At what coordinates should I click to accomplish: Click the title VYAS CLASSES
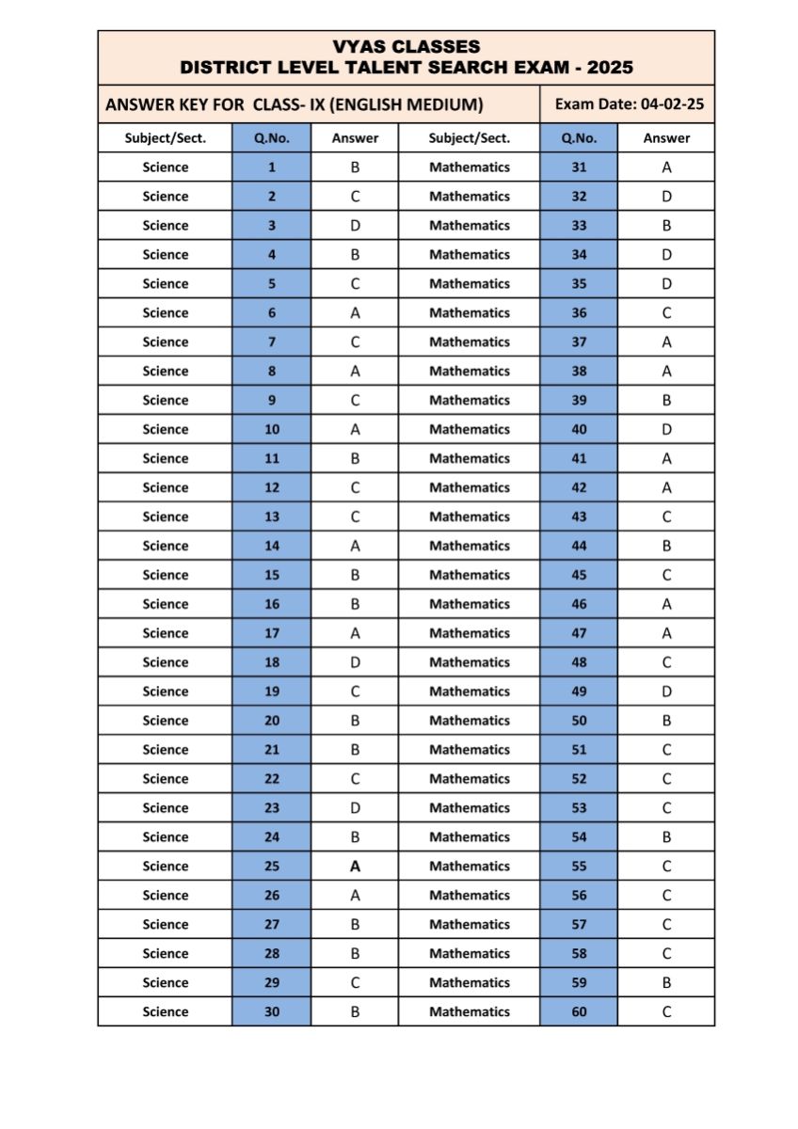(406, 46)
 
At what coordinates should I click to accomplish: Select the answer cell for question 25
(355, 867)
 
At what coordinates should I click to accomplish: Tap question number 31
(579, 167)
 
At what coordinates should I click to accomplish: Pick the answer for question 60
(666, 1012)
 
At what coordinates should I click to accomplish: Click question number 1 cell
(272, 167)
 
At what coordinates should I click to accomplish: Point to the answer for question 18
(355, 662)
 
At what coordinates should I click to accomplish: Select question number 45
(579, 575)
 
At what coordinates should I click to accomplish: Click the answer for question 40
(666, 429)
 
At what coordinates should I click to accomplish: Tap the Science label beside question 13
(166, 517)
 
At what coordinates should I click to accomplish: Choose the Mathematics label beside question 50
(470, 721)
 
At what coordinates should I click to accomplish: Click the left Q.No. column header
(272, 137)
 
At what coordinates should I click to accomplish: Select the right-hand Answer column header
(666, 137)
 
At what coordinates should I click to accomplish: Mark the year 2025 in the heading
(608, 68)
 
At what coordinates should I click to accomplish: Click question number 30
(272, 1012)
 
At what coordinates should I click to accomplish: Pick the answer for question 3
(355, 226)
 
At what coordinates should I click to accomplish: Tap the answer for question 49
(666, 692)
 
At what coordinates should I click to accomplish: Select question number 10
(272, 429)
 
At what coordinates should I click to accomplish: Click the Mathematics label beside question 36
(470, 313)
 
